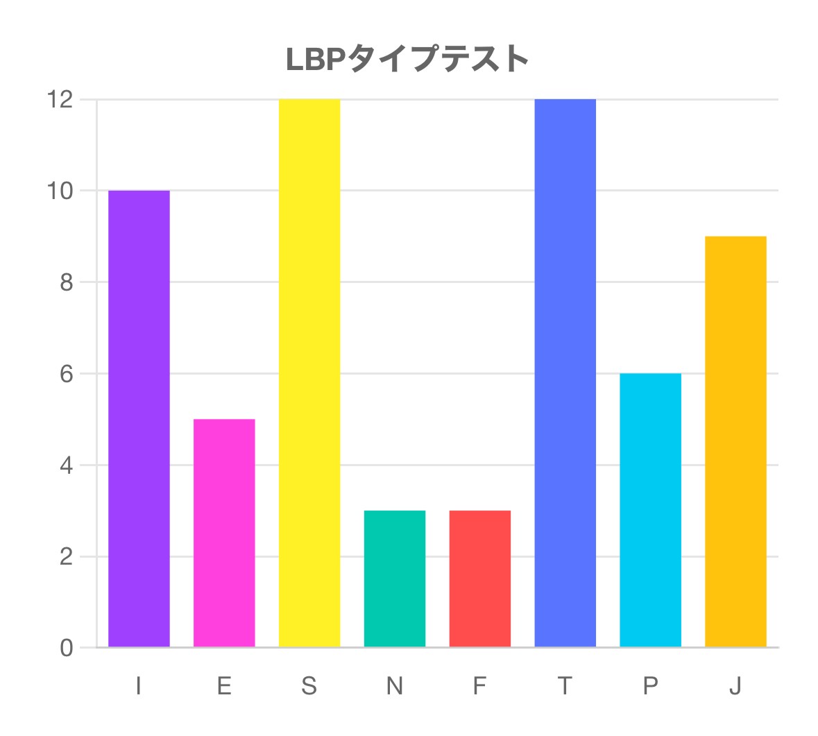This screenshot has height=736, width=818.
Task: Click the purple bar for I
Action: [x=139, y=419]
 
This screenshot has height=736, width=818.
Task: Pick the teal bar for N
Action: [x=395, y=579]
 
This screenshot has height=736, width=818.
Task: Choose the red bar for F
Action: [x=480, y=579]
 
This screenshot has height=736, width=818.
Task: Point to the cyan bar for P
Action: [x=651, y=510]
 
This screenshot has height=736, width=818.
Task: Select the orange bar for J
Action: [x=735, y=442]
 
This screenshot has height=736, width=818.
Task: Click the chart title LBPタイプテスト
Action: [x=408, y=60]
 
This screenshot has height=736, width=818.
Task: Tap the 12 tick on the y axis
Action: [x=60, y=100]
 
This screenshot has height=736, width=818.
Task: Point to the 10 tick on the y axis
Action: [x=60, y=191]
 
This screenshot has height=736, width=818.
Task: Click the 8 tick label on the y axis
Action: [x=67, y=282]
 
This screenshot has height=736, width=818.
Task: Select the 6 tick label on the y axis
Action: [x=67, y=374]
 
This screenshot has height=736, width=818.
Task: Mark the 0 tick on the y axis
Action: [x=67, y=648]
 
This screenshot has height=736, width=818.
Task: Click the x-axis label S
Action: [x=309, y=686]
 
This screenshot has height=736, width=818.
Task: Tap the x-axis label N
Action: [x=395, y=686]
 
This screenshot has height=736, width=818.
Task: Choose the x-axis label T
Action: [x=565, y=686]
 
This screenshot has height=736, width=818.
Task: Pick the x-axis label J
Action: [x=735, y=686]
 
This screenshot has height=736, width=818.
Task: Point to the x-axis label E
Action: [x=224, y=686]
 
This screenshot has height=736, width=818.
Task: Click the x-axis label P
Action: [x=650, y=686]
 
